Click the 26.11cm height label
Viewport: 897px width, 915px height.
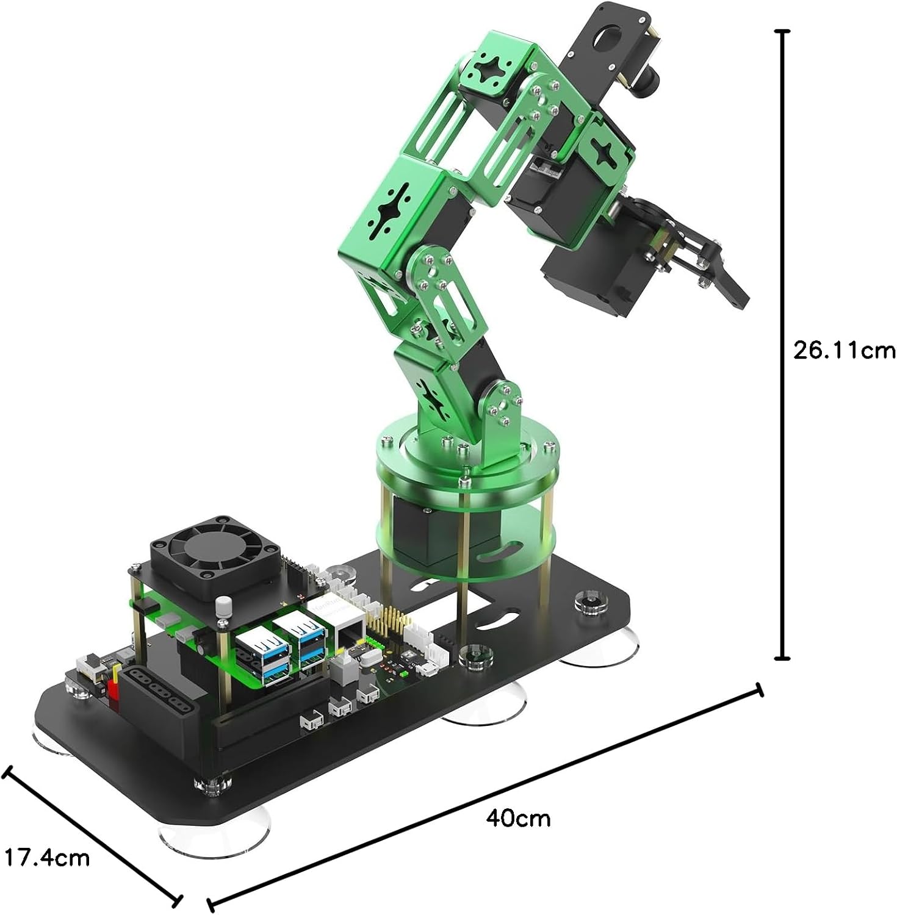point(844,351)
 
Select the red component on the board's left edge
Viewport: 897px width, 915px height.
point(112,692)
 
